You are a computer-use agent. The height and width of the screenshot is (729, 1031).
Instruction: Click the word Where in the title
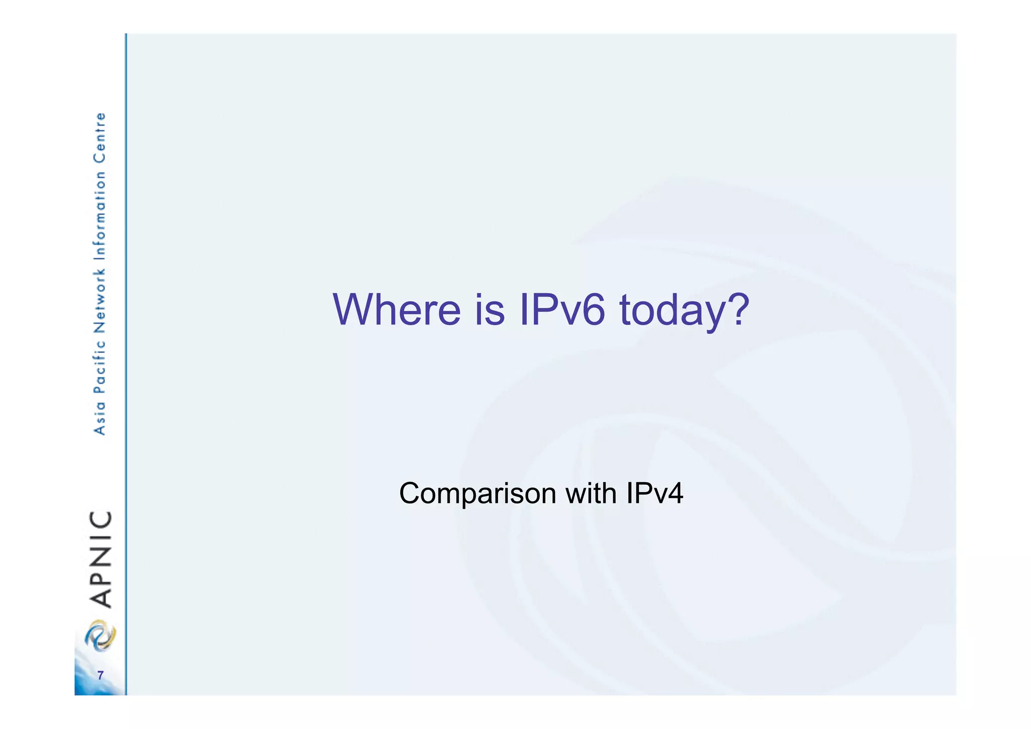(397, 309)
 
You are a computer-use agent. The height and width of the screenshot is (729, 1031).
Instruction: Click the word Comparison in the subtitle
(477, 494)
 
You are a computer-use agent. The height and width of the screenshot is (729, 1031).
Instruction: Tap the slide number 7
(100, 676)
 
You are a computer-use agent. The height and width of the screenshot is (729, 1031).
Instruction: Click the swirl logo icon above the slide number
(100, 636)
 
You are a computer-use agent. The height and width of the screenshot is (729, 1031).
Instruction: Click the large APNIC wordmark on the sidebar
(100, 559)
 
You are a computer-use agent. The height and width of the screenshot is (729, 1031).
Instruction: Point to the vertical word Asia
(100, 418)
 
